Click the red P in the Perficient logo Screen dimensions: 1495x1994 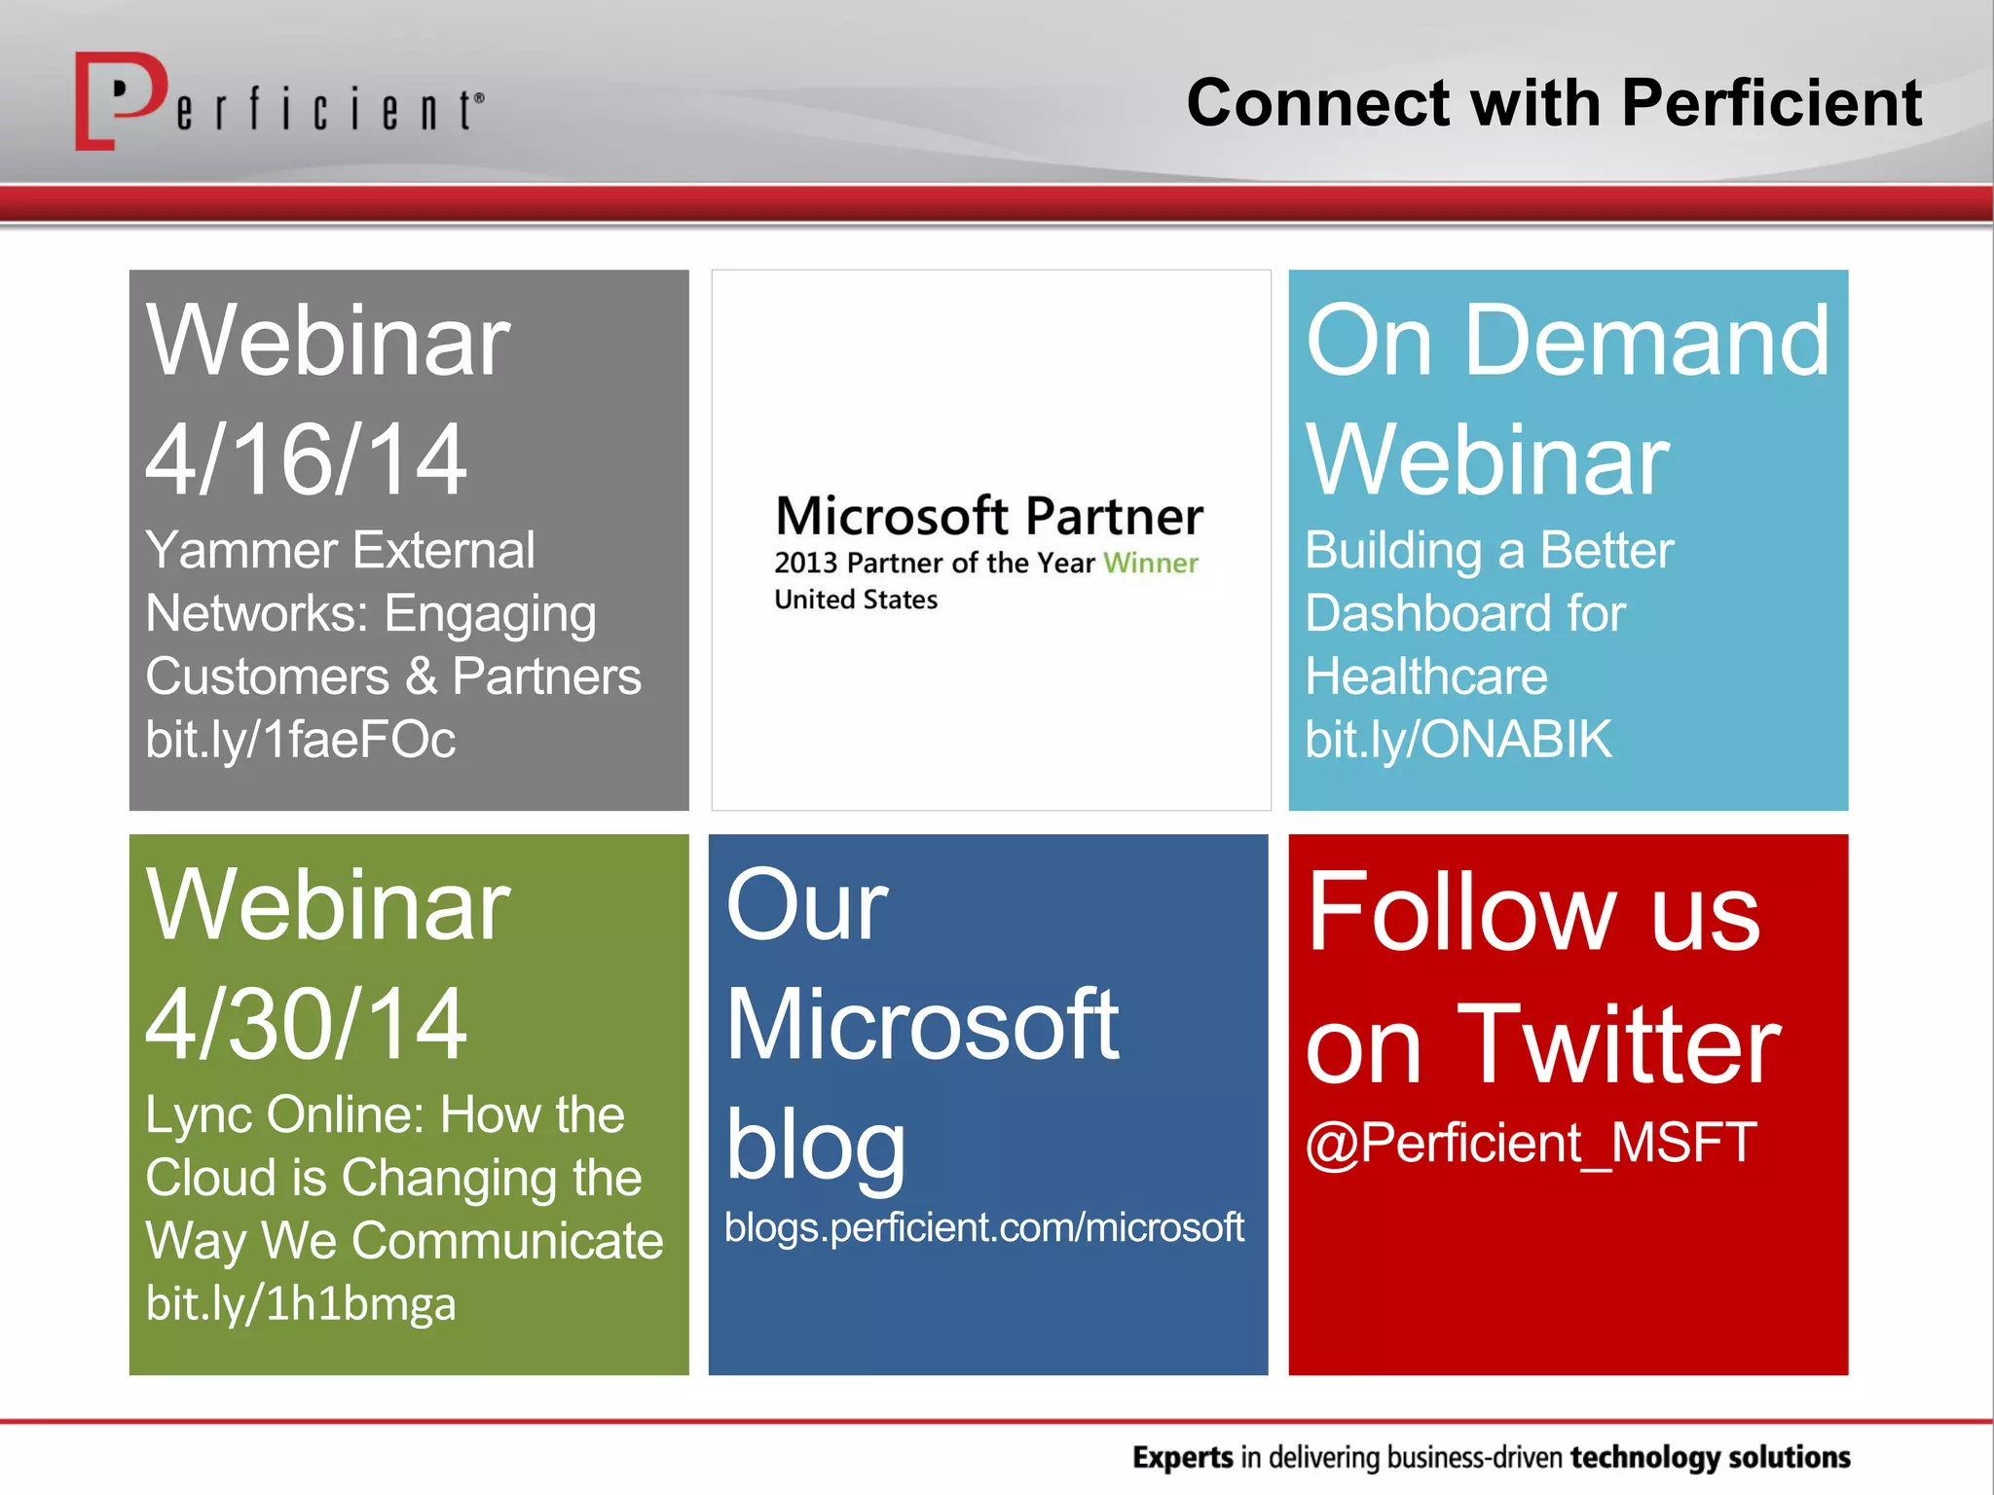coord(119,97)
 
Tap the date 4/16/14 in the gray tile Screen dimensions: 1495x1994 coord(306,459)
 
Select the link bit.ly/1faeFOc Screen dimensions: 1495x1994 coord(300,740)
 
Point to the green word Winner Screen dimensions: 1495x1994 coord(1150,563)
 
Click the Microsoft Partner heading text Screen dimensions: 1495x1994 coord(989,516)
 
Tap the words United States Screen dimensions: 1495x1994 coord(856,600)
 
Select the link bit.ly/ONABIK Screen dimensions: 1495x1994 coord(1458,740)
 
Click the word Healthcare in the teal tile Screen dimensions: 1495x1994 coord(1425,676)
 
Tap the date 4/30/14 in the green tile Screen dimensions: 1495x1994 coord(306,1024)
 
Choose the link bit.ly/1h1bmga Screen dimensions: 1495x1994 coord(300,1304)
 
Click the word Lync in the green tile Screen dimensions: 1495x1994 coord(199,1115)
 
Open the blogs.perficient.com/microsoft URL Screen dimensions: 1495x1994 coord(983,1227)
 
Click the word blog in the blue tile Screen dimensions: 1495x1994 coord(815,1147)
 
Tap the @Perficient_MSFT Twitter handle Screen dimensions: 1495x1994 coord(1531,1143)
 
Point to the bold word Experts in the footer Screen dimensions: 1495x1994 coord(1182,1457)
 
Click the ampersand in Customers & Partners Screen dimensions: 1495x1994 coord(421,676)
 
